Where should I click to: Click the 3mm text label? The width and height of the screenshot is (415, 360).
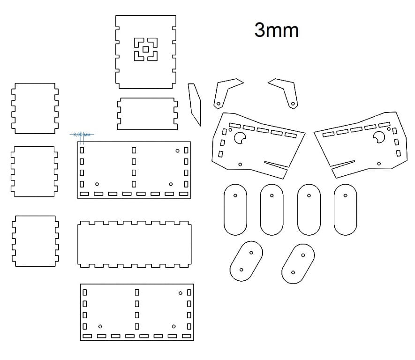pyautogui.click(x=276, y=30)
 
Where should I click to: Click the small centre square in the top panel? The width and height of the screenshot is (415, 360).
pyautogui.click(x=146, y=49)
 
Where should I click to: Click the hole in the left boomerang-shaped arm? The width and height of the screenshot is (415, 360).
pyautogui.click(x=218, y=103)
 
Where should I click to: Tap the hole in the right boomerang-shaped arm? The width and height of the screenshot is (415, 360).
pyautogui.click(x=293, y=103)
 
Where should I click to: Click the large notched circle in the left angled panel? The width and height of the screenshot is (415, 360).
pyautogui.click(x=241, y=138)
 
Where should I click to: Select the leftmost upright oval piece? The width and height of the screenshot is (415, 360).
pyautogui.click(x=235, y=209)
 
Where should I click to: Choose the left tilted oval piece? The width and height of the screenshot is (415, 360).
pyautogui.click(x=246, y=261)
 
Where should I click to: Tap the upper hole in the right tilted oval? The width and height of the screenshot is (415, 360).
pyautogui.click(x=303, y=256)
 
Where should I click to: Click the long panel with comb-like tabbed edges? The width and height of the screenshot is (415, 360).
pyautogui.click(x=135, y=245)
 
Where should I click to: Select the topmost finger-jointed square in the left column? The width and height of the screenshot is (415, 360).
pyautogui.click(x=36, y=108)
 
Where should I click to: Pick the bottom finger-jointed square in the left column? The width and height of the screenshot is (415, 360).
pyautogui.click(x=36, y=240)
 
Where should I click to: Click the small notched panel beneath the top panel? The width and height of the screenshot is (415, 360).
pyautogui.click(x=148, y=113)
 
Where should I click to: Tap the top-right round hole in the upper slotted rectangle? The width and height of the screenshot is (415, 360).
pyautogui.click(x=177, y=151)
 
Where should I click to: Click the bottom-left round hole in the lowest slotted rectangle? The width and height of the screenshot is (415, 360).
pyautogui.click(x=100, y=326)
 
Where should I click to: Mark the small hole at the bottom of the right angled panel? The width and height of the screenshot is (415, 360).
pyautogui.click(x=378, y=163)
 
